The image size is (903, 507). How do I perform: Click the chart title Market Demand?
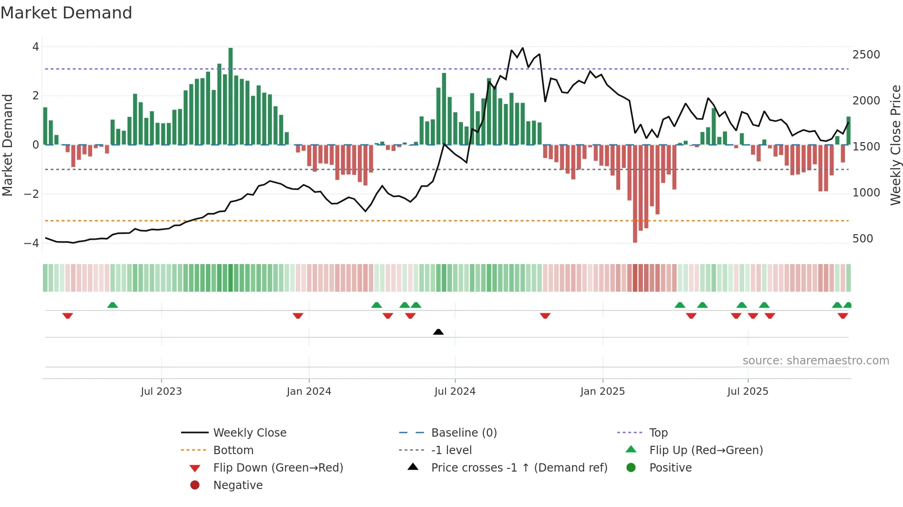(x=66, y=13)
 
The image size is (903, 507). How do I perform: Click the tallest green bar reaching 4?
(x=230, y=97)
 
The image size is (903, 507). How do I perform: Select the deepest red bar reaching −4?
(x=635, y=193)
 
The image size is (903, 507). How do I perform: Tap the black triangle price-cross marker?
(x=439, y=332)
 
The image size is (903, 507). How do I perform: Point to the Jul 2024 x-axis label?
(x=455, y=392)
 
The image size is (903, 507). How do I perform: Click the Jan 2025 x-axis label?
(x=602, y=392)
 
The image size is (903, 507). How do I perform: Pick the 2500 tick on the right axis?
(x=866, y=55)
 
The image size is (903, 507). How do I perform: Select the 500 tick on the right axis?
(x=862, y=239)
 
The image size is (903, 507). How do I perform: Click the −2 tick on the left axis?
(x=31, y=194)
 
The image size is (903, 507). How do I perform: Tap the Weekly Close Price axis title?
(x=895, y=145)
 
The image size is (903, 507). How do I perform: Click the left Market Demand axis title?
(x=7, y=145)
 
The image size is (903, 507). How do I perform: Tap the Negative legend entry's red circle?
(x=195, y=485)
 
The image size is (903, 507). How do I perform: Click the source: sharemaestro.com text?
(x=815, y=361)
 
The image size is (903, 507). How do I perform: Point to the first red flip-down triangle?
(x=68, y=316)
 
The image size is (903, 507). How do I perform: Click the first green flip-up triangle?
(x=112, y=305)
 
